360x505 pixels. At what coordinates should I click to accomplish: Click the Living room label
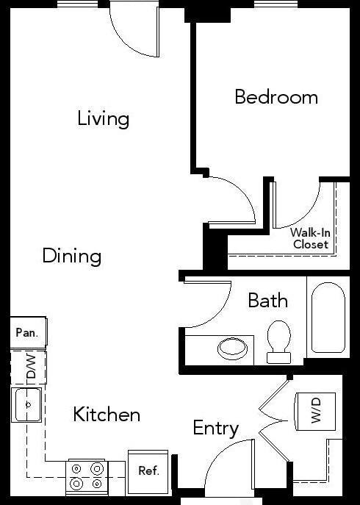click(x=103, y=118)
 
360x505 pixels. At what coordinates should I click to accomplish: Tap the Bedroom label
click(x=276, y=96)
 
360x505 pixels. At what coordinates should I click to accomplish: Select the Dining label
click(x=71, y=256)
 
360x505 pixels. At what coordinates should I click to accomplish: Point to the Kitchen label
click(x=107, y=415)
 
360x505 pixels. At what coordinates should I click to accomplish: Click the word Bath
click(x=267, y=300)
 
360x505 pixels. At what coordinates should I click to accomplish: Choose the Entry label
click(x=216, y=428)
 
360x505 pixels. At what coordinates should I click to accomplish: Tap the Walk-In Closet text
click(x=309, y=238)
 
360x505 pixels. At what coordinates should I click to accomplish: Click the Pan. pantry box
click(x=27, y=332)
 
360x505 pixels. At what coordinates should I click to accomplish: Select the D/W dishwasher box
click(x=29, y=367)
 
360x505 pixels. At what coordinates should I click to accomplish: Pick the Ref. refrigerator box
click(x=148, y=470)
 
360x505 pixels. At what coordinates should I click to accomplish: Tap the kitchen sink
click(x=28, y=405)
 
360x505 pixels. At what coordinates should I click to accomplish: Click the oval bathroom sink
click(x=232, y=347)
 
